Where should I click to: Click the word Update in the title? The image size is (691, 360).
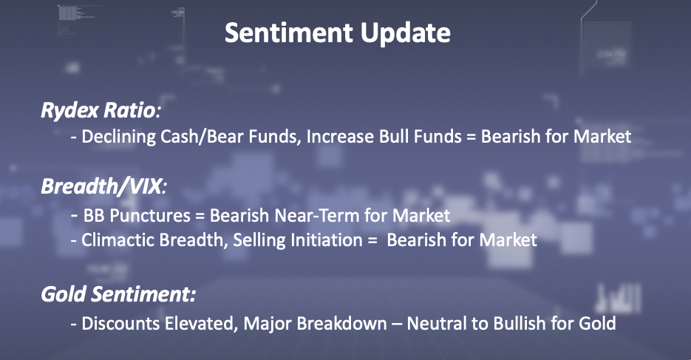[405, 33]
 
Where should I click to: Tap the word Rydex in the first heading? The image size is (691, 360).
[69, 110]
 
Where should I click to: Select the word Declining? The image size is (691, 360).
[118, 137]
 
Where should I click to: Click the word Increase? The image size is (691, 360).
[340, 137]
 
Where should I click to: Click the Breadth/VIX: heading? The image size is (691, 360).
[104, 186]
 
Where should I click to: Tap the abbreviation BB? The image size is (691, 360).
[93, 216]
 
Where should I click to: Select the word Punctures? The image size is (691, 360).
[149, 216]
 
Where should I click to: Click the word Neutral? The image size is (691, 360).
[437, 324]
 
